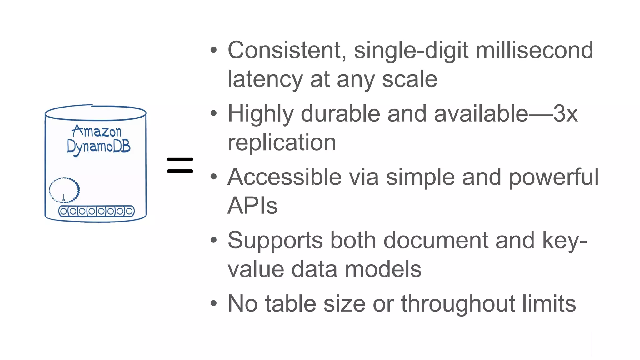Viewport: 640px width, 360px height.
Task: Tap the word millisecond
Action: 534,50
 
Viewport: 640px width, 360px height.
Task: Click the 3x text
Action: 565,114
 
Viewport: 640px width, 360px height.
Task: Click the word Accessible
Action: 284,177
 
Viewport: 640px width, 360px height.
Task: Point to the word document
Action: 436,241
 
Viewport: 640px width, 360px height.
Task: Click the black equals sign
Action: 180,165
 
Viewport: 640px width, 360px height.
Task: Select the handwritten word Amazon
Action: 97,131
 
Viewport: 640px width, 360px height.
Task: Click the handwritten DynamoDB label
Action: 99,146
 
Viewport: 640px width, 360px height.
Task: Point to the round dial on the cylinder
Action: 64,190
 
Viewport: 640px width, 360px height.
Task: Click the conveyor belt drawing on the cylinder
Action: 96,211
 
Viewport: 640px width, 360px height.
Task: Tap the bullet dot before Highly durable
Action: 213,113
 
